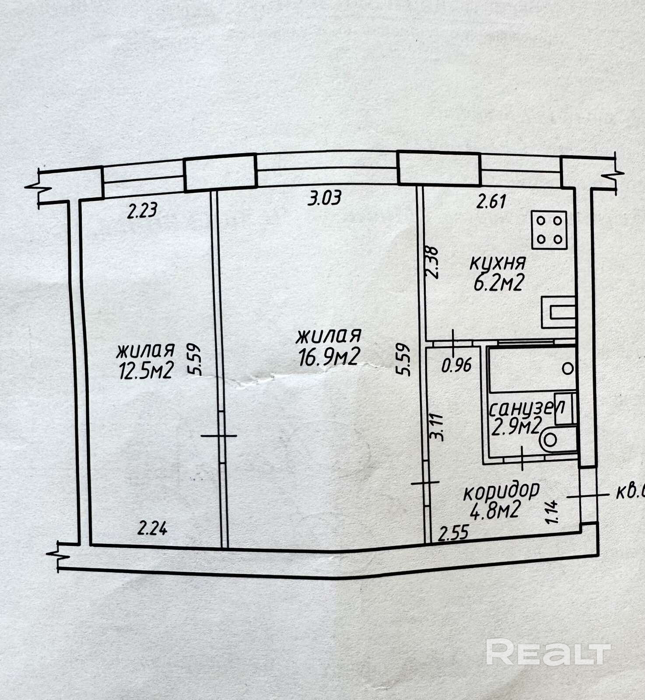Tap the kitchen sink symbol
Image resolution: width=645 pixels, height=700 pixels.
click(x=558, y=312)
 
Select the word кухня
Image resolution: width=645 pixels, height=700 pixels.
click(x=498, y=263)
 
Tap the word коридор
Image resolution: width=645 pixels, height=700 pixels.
click(x=501, y=491)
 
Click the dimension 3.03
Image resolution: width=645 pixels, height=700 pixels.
click(x=324, y=198)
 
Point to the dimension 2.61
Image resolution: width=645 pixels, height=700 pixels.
click(x=491, y=202)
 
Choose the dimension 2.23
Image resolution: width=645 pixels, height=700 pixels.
click(x=142, y=211)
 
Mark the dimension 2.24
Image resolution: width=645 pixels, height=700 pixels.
click(x=152, y=529)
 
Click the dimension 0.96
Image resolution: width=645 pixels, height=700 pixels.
click(x=456, y=365)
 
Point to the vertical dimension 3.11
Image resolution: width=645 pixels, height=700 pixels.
click(x=439, y=427)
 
